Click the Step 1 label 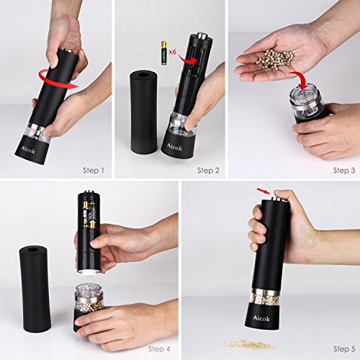pyautogui.click(x=94, y=171)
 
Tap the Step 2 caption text pyautogui.click(x=208, y=171)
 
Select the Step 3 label pyautogui.click(x=344, y=171)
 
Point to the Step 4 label pyautogui.click(x=159, y=348)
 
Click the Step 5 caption pyautogui.click(x=344, y=348)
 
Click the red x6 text pyautogui.click(x=173, y=52)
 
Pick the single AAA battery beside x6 pyautogui.click(x=164, y=53)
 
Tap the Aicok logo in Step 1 pyautogui.click(x=28, y=150)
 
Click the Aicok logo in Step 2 pyautogui.click(x=174, y=147)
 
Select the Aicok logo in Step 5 pyautogui.click(x=261, y=318)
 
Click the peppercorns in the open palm pyautogui.click(x=275, y=58)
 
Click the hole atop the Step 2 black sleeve pyautogui.click(x=143, y=73)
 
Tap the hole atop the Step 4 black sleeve pyautogui.click(x=32, y=250)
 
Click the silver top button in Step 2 pyautogui.click(x=202, y=36)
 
